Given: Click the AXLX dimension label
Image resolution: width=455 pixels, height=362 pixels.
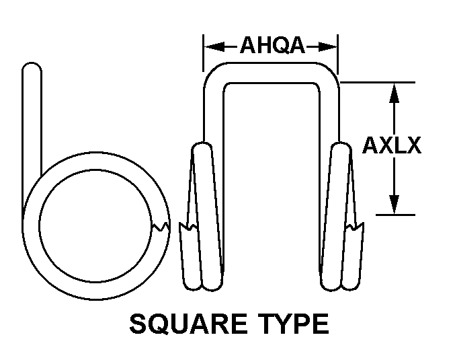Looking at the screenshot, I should click(392, 145).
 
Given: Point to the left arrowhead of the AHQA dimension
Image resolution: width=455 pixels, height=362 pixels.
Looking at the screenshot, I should click(210, 46).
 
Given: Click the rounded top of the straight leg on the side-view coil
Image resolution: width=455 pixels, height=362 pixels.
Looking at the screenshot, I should click(32, 70).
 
